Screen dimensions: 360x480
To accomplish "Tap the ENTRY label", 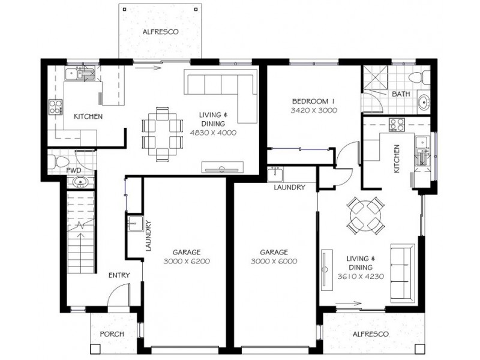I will click(x=119, y=275).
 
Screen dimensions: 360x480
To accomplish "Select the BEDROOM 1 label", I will click(x=313, y=101).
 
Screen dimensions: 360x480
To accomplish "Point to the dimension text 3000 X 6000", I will click(x=274, y=262).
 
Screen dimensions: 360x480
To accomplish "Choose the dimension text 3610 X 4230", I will click(x=361, y=277).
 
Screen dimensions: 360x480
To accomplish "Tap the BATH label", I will click(x=400, y=95).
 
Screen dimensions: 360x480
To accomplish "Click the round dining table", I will click(x=366, y=214).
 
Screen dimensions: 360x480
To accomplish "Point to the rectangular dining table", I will click(x=162, y=134).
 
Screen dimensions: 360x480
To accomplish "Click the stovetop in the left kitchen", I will click(x=56, y=107).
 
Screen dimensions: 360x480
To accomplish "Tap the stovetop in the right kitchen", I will click(x=397, y=125).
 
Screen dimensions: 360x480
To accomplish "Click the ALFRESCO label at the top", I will click(x=161, y=31).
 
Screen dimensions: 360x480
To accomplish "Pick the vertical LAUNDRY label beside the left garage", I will click(x=148, y=237).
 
